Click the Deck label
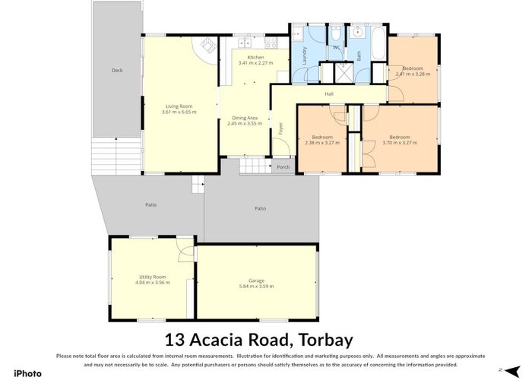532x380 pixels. click(116, 71)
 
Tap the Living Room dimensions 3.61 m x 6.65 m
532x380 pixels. click(179, 112)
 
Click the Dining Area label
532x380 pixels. click(244, 118)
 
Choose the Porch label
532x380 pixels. click(283, 167)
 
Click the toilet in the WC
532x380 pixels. click(335, 34)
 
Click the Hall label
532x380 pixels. click(329, 94)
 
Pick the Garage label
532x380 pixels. click(256, 280)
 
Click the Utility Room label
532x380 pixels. click(153, 277)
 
